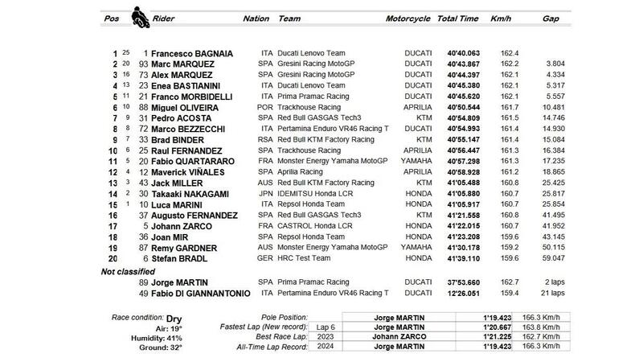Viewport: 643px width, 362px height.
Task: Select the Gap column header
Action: (x=551, y=17)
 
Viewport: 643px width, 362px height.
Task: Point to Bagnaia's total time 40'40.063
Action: (x=465, y=52)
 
